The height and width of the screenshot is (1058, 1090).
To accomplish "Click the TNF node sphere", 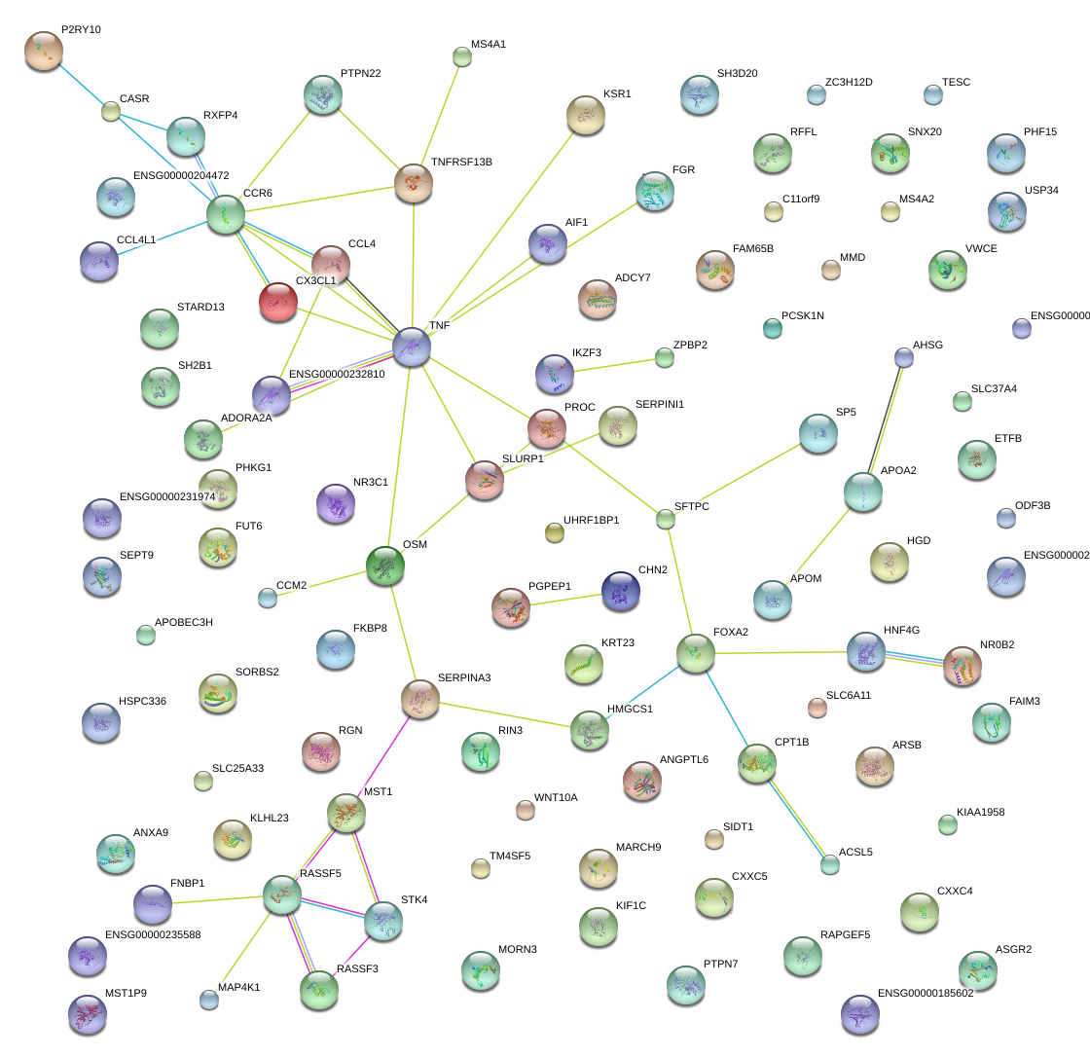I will pos(412,347).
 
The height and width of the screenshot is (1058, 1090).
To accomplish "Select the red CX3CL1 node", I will pos(277,302).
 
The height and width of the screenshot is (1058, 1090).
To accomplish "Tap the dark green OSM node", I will pos(385,566).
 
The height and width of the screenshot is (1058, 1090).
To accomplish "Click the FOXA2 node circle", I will pos(696,653).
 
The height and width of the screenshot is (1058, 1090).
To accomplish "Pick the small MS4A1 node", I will pos(462,57).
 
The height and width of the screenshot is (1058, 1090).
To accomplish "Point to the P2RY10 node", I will pos(43,51).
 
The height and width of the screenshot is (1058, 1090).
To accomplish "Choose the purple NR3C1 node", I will pos(336,503).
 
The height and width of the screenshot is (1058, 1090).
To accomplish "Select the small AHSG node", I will pos(904,357).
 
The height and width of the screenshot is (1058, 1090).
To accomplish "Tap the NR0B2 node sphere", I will pos(963,666).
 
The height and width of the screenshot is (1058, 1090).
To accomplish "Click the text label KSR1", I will pos(617,94).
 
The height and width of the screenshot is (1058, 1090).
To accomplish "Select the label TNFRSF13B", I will pos(461,162).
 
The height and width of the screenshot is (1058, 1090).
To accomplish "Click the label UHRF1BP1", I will pos(591,520).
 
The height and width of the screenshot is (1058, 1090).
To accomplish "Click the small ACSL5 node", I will pos(829,863).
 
